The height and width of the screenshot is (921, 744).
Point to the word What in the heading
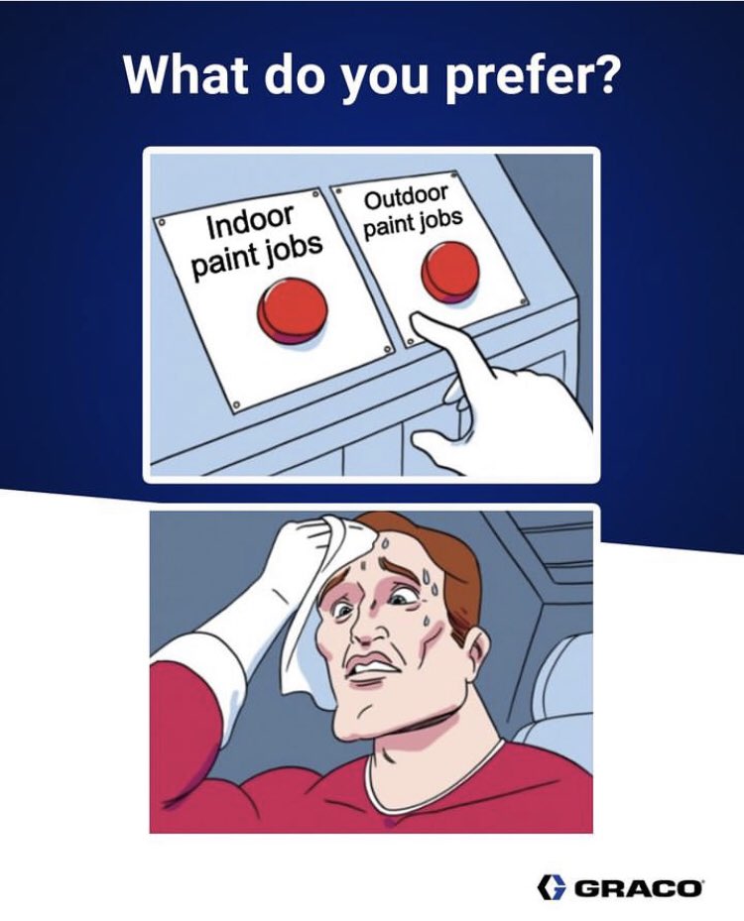[189, 75]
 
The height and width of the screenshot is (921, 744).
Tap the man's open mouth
[370, 669]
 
